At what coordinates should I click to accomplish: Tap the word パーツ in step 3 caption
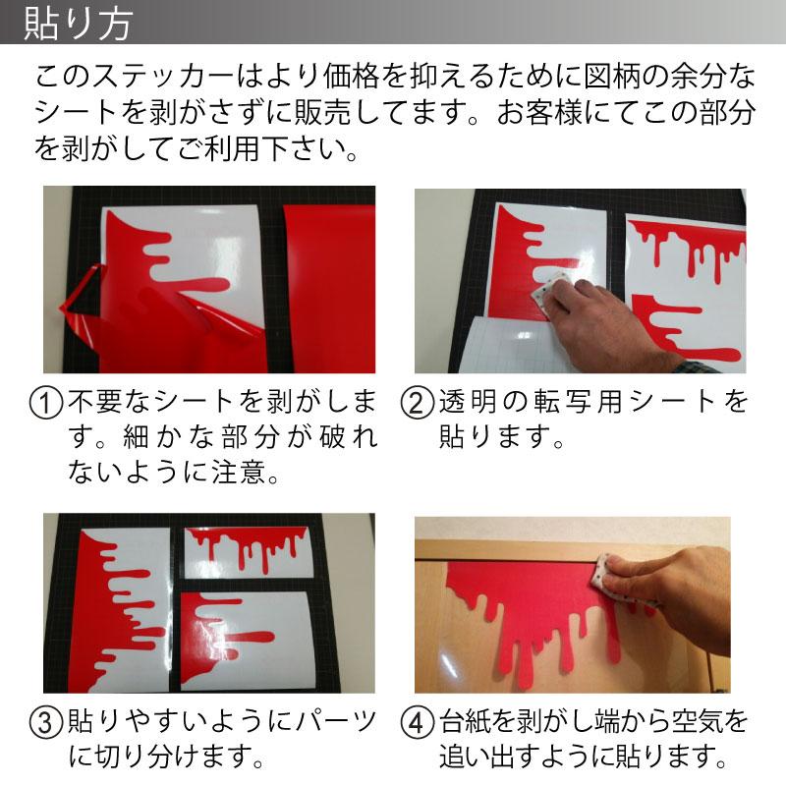(x=338, y=723)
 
